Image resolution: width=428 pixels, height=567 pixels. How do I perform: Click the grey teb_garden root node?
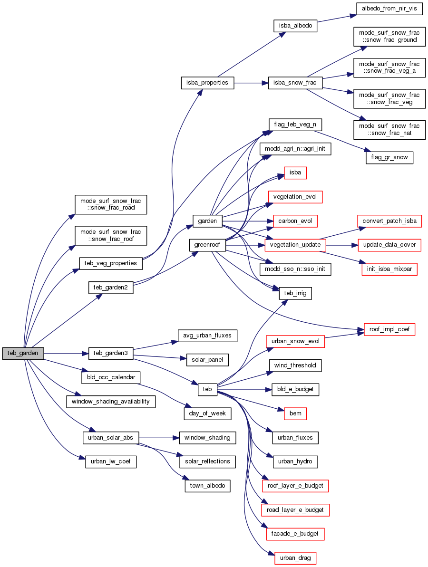pyautogui.click(x=23, y=353)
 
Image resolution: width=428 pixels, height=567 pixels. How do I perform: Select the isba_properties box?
pyautogui.click(x=207, y=83)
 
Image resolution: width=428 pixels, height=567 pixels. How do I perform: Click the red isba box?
pyautogui.click(x=295, y=173)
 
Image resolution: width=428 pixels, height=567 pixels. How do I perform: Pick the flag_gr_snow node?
pyautogui.click(x=389, y=157)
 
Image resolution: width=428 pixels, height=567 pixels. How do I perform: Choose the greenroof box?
pyautogui.click(x=207, y=245)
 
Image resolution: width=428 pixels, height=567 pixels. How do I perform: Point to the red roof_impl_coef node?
pyautogui.click(x=389, y=329)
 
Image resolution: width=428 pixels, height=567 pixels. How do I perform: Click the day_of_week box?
pyautogui.click(x=207, y=413)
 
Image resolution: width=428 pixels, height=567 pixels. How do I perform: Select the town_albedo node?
pyautogui.click(x=207, y=486)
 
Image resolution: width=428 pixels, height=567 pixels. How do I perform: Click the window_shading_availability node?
pyautogui.click(x=110, y=401)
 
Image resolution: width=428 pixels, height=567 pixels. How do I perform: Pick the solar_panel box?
pyautogui.click(x=207, y=359)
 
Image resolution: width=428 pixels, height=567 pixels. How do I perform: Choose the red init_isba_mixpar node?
pyautogui.click(x=389, y=269)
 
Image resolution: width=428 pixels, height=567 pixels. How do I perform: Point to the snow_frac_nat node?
pyautogui.click(x=389, y=129)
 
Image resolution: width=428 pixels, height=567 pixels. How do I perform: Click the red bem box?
pyautogui.click(x=295, y=413)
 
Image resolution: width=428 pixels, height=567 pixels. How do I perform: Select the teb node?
pyautogui.click(x=207, y=389)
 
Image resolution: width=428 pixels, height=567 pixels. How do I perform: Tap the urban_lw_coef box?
pyautogui.click(x=110, y=461)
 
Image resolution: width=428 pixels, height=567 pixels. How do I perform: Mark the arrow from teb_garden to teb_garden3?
pyautogui.click(x=66, y=353)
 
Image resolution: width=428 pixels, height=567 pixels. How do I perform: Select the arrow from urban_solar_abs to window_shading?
pyautogui.click(x=159, y=437)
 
